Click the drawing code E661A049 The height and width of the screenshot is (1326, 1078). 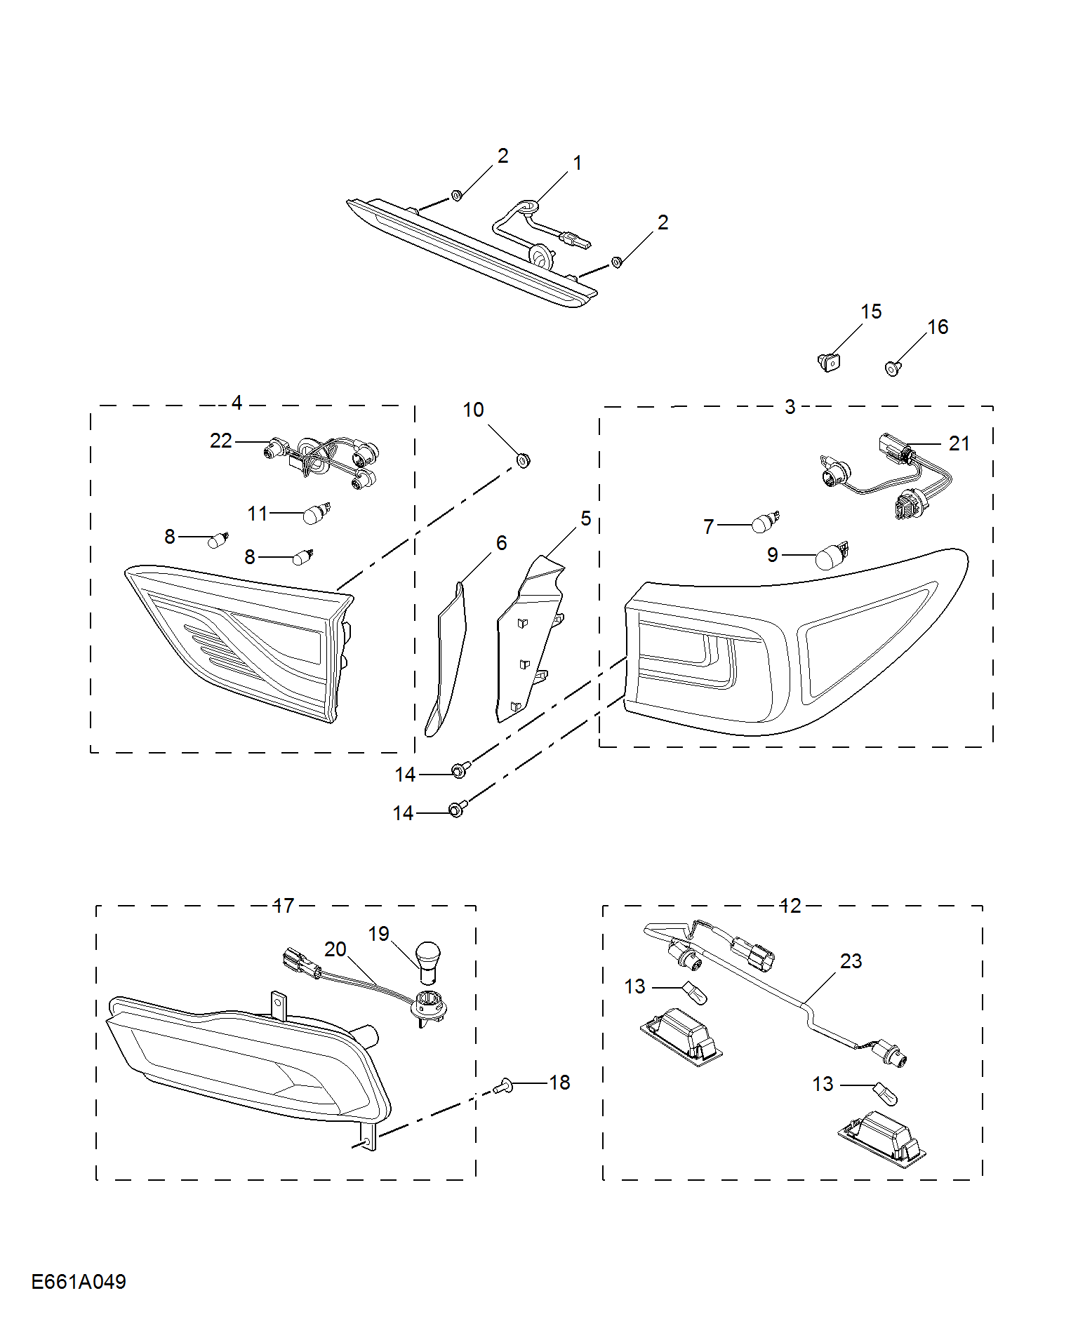pos(79,1282)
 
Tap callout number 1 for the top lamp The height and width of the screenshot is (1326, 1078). pos(577,163)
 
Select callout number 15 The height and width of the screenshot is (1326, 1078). pos(871,312)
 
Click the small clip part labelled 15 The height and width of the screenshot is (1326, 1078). pos(829,362)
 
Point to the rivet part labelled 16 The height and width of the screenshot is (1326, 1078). pos(893,368)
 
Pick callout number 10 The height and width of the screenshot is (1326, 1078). pos(474,410)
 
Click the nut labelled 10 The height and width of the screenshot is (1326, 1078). pos(523,460)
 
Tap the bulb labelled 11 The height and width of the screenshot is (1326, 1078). pos(316,514)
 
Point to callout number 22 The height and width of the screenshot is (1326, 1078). pos(220,441)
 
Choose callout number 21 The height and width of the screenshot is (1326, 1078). pos(959,443)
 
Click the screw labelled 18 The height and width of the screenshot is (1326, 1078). pos(503,1086)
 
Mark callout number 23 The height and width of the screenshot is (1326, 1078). pos(851,961)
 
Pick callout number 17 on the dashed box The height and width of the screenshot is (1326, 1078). pos(284,906)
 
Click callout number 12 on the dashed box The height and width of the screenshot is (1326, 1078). pos(790,906)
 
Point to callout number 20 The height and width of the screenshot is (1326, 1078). pos(335,949)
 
